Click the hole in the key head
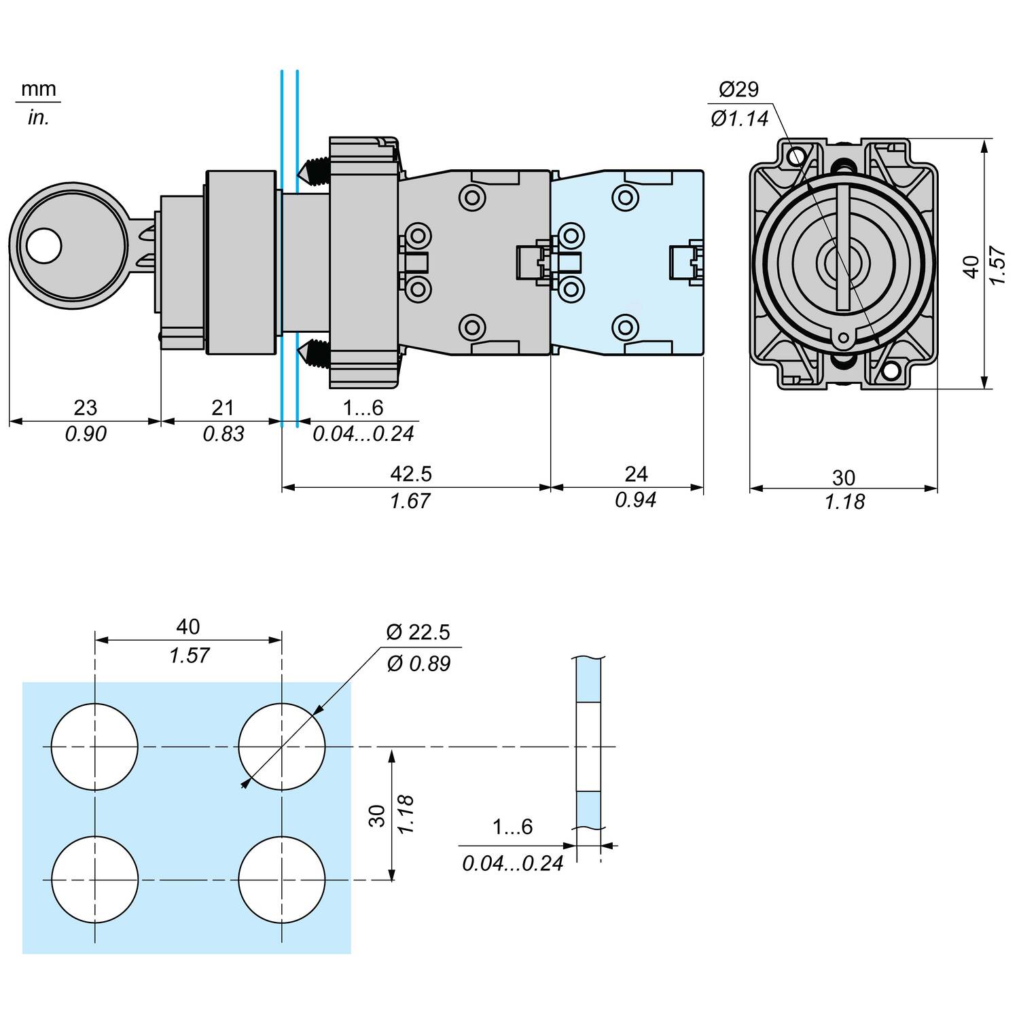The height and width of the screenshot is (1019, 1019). [45, 245]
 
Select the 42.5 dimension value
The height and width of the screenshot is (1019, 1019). [412, 473]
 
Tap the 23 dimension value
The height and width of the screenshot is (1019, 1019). [85, 408]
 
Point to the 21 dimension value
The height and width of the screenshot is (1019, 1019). [223, 408]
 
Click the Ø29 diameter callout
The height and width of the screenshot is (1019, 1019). [738, 89]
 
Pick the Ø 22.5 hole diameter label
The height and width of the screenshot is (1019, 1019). [418, 632]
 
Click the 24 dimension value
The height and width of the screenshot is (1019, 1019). [636, 473]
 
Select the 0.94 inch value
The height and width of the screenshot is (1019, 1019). [636, 500]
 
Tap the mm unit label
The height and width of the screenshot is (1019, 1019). [39, 89]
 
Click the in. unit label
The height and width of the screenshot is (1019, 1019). [39, 118]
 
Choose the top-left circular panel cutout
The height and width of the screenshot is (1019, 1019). [94, 747]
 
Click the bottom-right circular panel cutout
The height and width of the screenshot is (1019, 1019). [282, 880]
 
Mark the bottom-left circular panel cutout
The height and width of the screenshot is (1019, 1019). [94, 880]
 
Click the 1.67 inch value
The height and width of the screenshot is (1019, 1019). [410, 501]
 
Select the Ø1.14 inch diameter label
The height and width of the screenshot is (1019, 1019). [740, 119]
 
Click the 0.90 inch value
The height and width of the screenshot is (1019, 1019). [86, 433]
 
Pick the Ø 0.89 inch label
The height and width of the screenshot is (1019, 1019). [418, 663]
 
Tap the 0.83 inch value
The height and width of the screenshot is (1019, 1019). [224, 433]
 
